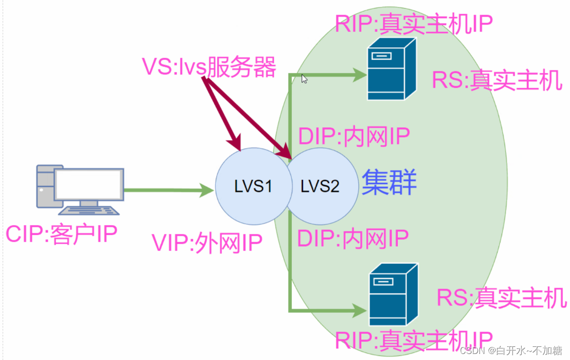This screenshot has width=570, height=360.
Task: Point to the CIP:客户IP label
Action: click(61, 235)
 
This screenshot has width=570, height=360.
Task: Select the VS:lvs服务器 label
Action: click(209, 67)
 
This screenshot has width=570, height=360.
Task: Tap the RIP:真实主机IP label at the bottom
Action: click(414, 341)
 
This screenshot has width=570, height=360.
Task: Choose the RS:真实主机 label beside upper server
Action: click(497, 80)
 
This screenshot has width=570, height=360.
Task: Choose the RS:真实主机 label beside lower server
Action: click(502, 298)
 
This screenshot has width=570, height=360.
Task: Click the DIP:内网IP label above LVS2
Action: click(354, 136)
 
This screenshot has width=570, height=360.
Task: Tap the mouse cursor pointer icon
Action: click(304, 79)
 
